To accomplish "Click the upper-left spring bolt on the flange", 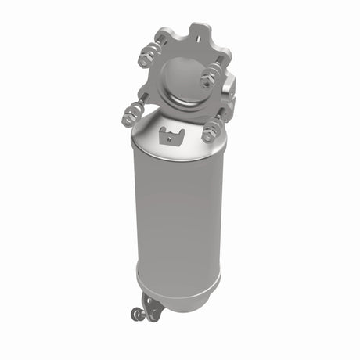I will tap(146, 57).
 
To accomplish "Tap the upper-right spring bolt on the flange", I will tap(210, 77).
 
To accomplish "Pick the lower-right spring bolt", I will tap(211, 131).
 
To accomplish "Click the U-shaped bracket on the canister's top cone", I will tap(169, 135).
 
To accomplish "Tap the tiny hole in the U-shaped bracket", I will tap(169, 138).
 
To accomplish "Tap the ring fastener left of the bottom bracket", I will tap(136, 314).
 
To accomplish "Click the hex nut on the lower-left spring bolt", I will tap(128, 120).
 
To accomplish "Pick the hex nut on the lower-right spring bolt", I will tap(209, 135).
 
